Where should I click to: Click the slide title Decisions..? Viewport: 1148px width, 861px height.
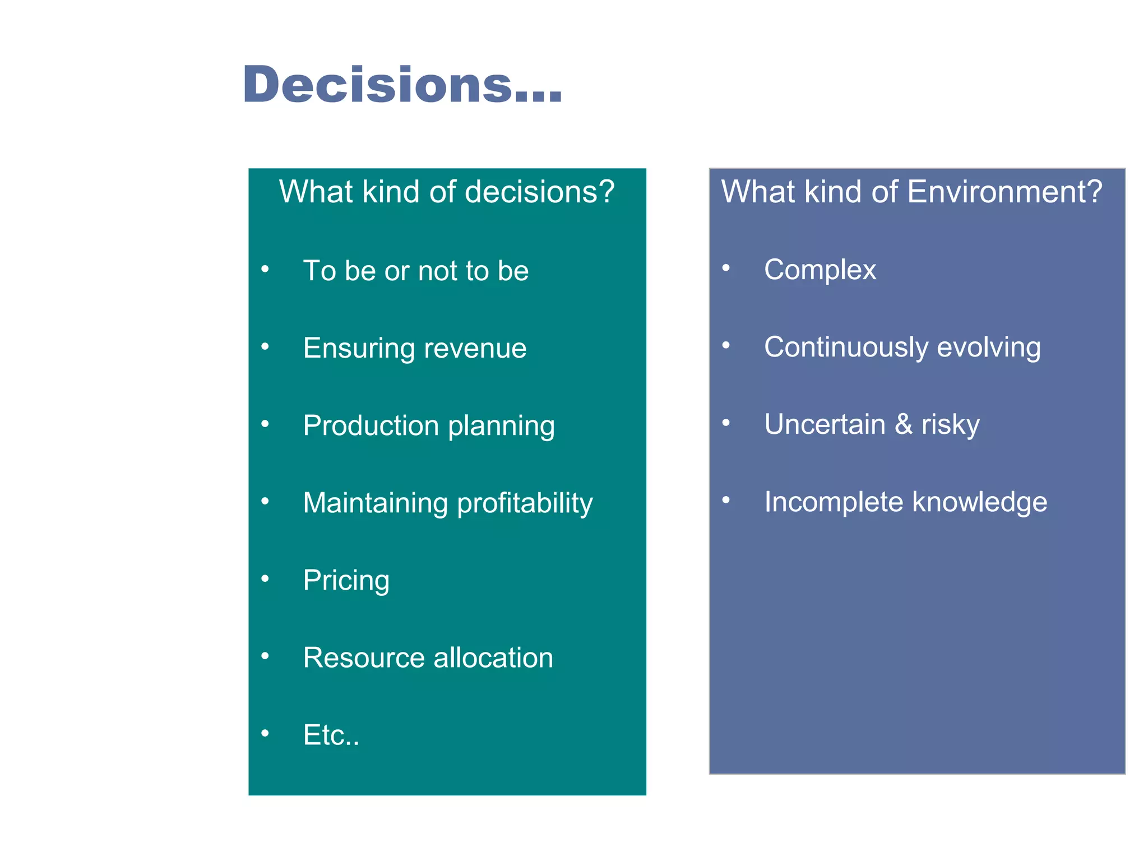(x=402, y=85)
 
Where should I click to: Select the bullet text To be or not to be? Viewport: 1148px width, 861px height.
(x=415, y=271)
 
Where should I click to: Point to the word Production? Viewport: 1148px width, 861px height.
(x=371, y=425)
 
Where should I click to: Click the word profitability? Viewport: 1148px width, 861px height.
(x=525, y=503)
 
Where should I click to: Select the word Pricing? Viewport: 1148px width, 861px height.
(x=346, y=581)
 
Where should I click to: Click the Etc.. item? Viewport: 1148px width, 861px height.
(x=331, y=735)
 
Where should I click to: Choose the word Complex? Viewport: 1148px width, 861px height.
(x=820, y=270)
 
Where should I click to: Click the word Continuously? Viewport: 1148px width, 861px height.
(x=846, y=347)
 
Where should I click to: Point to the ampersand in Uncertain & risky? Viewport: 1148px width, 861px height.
(x=903, y=424)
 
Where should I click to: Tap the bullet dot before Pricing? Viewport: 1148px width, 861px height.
(x=265, y=578)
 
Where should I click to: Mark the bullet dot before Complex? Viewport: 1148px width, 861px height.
(x=726, y=268)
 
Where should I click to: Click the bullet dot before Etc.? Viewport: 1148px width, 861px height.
(x=265, y=733)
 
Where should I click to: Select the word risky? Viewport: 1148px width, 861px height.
(x=950, y=425)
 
